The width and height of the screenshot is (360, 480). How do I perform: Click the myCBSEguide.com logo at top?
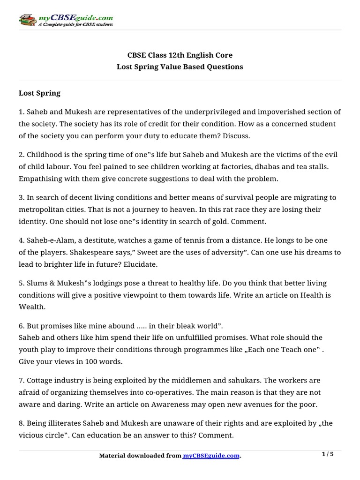pos(66,20)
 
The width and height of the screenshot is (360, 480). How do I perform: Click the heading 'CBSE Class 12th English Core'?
pos(180,55)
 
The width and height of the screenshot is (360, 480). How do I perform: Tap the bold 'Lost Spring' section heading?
pos(39,93)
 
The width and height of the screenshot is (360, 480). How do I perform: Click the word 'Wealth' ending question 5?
pos(31,307)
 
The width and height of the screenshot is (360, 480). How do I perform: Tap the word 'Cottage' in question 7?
pos(41,380)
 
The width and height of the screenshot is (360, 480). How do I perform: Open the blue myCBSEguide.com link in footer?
pos(211,456)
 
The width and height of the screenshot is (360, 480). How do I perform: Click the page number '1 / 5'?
pos(329,454)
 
